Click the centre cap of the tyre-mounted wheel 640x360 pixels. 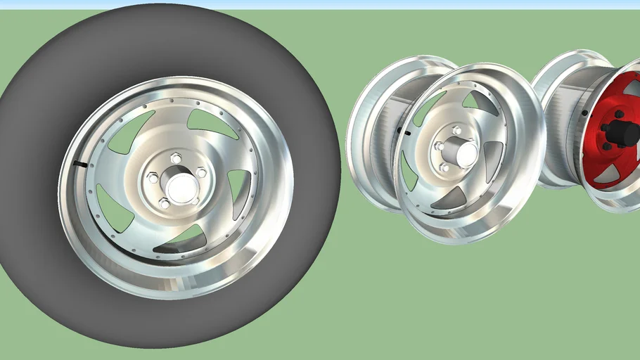click(180, 186)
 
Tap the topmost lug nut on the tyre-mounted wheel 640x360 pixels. click(176, 158)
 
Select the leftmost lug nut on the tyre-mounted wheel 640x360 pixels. click(153, 178)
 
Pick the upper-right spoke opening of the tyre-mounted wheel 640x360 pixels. click(212, 124)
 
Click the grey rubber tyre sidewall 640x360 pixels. click(42, 232)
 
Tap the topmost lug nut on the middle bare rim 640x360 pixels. click(457, 130)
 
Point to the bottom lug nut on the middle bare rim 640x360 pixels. click(444, 167)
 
